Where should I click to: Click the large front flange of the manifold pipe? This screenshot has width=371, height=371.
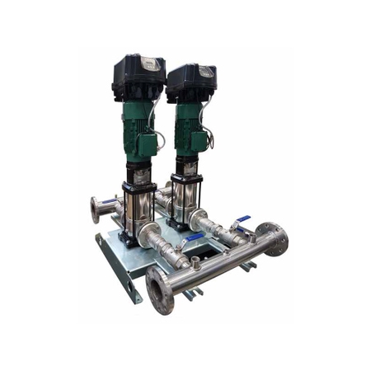160,289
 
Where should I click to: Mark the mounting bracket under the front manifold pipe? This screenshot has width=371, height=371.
191,291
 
